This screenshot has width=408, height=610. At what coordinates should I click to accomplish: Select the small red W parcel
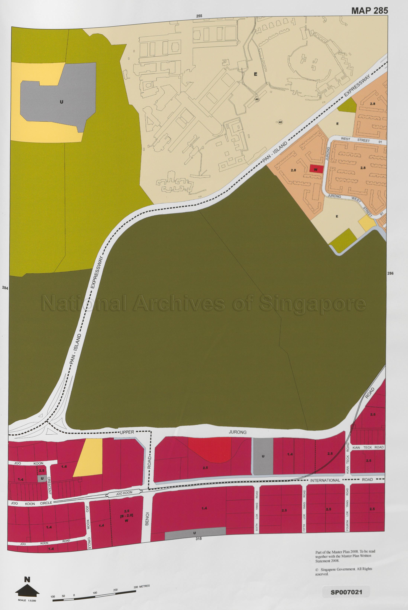[x=316, y=169]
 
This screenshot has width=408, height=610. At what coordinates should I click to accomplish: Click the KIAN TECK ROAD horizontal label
[x=368, y=447]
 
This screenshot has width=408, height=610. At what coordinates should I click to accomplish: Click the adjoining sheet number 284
[x=5, y=288]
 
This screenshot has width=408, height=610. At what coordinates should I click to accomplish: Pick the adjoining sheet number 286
[x=390, y=273]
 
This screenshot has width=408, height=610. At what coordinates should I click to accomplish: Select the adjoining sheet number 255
[x=199, y=16]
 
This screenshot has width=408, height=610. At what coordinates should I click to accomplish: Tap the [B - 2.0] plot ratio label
[x=127, y=516]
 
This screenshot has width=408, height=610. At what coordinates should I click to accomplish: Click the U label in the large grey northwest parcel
[x=61, y=102]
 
